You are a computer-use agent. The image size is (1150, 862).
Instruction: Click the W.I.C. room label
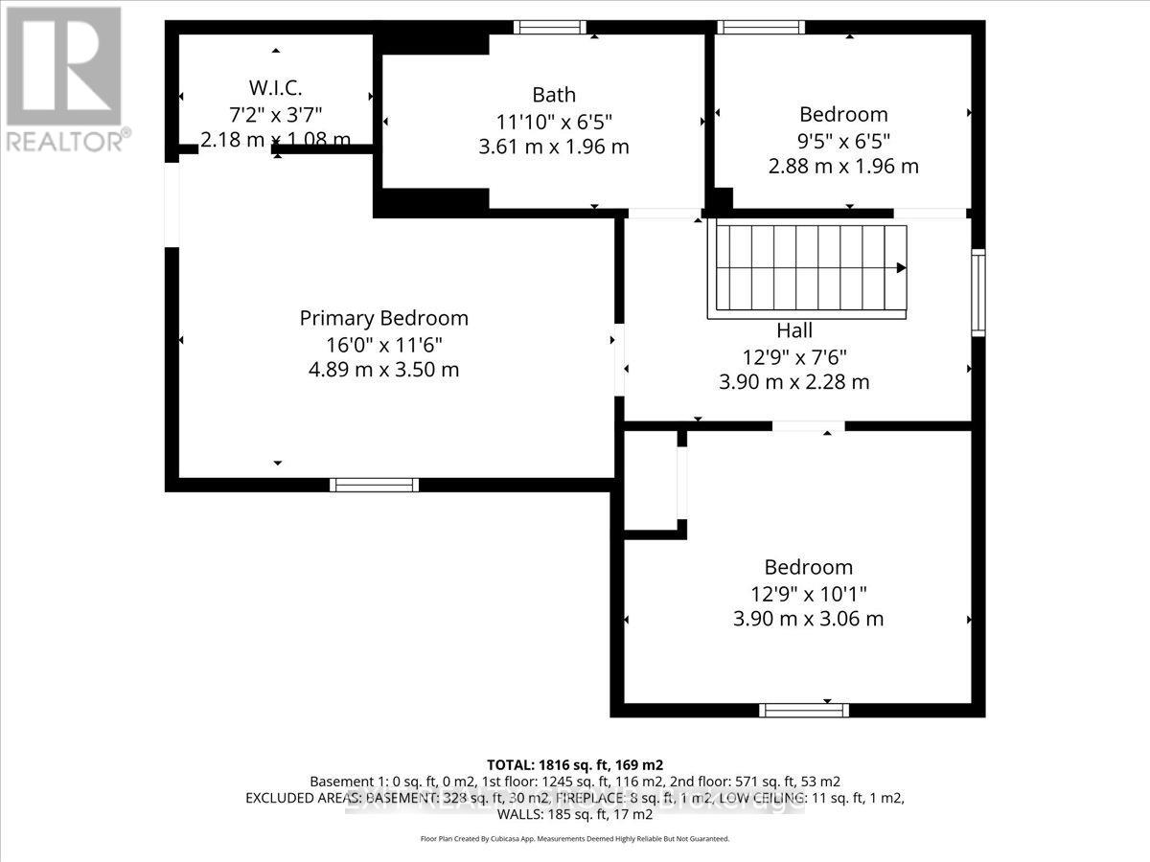276,88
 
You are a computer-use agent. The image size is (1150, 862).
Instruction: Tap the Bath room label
554,95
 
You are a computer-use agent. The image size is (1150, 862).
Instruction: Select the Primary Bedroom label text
384,319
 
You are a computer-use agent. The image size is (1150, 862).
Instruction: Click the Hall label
794,330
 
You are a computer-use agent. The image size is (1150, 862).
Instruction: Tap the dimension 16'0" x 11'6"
384,345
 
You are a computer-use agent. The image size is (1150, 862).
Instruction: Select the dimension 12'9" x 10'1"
808,594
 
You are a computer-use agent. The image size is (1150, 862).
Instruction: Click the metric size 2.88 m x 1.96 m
843,166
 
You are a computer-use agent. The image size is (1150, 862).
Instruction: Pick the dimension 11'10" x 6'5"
554,122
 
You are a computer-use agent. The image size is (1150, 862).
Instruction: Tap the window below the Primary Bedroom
374,485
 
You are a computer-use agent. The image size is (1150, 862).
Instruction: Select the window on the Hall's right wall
977,292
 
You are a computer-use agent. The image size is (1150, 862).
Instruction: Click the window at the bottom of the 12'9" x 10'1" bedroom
804,710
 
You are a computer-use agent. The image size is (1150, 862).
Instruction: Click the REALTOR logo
64,76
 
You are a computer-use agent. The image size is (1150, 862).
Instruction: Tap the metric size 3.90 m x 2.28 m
794,382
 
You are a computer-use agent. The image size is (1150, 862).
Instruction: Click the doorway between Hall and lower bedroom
808,426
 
